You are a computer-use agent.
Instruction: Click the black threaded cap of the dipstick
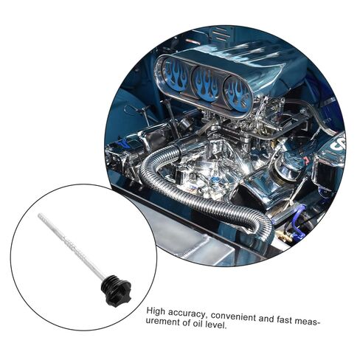117,290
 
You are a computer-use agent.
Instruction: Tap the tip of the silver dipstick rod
39,215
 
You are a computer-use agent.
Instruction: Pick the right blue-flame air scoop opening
237,93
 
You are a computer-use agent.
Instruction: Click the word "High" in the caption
156,311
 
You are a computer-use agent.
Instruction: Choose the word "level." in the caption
215,325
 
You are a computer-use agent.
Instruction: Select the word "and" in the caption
266,319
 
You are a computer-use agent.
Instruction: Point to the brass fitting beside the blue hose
286,237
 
